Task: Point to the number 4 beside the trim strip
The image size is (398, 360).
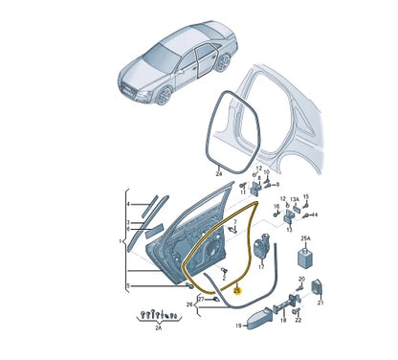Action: coord(127,203)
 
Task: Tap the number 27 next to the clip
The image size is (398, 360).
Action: coord(200,300)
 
